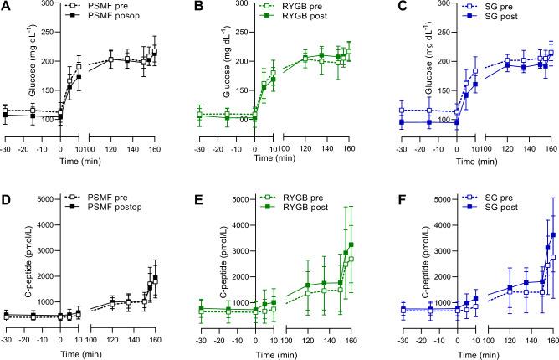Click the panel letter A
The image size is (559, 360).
pos(8,8)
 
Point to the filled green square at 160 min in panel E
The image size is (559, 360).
pos(351,244)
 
